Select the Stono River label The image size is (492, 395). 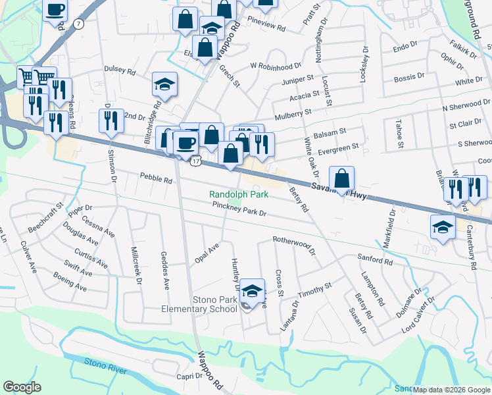(105, 366)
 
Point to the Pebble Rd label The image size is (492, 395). (156, 178)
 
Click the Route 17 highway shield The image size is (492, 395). (195, 159)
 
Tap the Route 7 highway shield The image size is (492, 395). (80, 24)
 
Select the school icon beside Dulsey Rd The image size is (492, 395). (164, 84)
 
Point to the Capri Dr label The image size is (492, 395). (189, 376)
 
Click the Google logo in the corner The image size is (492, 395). (22, 387)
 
